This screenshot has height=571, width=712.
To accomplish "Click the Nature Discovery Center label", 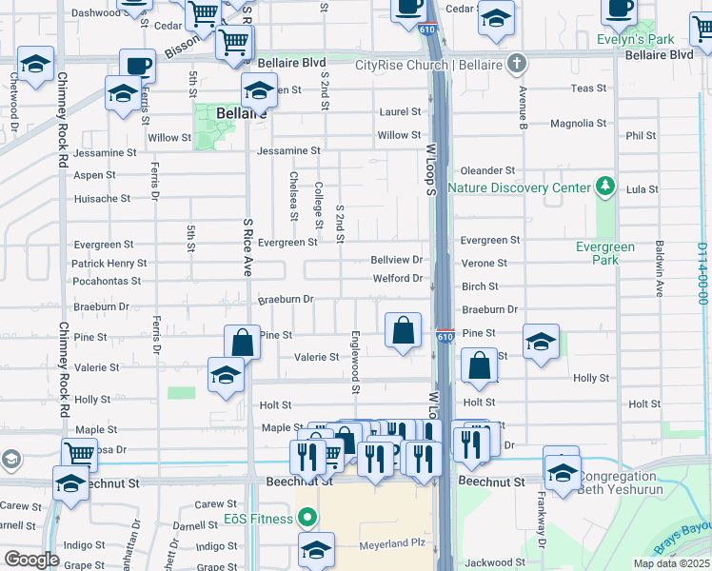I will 519,187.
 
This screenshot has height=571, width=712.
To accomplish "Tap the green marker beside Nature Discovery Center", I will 603,185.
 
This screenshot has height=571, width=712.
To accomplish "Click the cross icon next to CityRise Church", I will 517,65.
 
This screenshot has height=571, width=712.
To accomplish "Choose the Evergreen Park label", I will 604,253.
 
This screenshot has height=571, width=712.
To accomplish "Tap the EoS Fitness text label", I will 258,518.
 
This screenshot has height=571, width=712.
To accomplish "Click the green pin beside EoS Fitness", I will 307,519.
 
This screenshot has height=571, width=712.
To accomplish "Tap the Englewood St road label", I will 354,362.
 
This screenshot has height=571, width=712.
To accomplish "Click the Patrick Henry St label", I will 109,263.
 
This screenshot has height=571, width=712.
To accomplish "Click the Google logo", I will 31,560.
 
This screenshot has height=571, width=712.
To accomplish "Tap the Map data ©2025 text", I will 671,563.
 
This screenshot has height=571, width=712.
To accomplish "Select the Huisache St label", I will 102,199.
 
